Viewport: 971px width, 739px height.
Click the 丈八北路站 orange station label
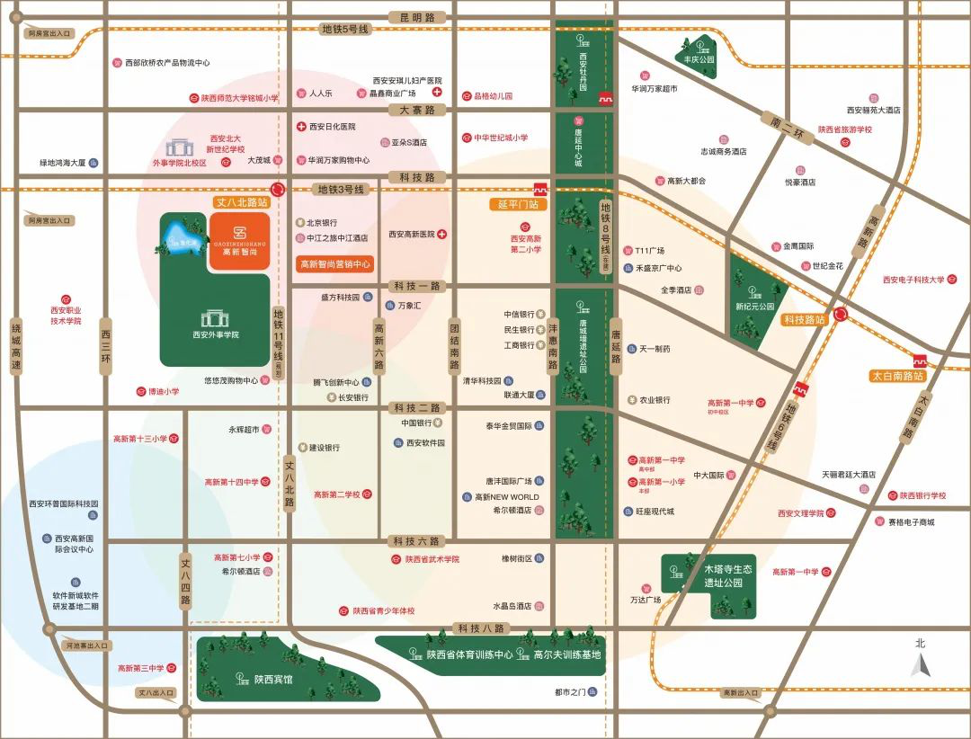(x=238, y=203)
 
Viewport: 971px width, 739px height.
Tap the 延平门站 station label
(x=518, y=204)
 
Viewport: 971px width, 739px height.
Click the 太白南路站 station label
(x=897, y=376)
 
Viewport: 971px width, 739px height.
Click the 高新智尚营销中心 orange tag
(x=334, y=264)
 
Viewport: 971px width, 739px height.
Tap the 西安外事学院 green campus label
(x=216, y=334)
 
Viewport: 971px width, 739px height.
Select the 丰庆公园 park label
(x=699, y=59)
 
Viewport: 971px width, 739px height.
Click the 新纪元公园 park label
(x=754, y=307)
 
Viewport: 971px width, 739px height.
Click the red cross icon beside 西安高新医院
(x=441, y=234)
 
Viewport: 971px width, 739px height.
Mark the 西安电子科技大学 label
(x=913, y=280)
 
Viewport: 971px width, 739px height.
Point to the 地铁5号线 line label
(x=345, y=30)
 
